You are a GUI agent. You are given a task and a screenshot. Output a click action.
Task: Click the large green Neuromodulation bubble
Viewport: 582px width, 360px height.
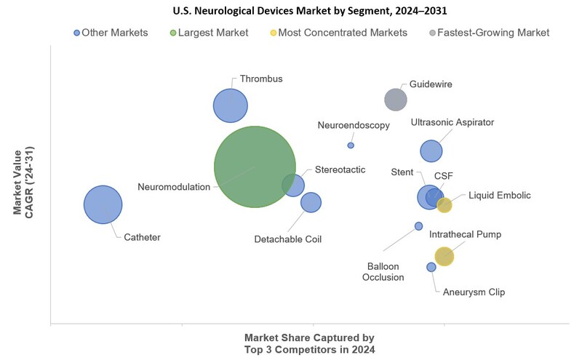(x=255, y=167)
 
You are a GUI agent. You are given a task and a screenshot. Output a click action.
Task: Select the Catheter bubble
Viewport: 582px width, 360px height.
(x=103, y=204)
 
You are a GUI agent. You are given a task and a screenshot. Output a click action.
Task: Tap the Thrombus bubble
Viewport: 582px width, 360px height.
(x=231, y=106)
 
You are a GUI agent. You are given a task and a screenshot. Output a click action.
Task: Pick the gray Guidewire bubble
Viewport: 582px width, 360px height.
(x=395, y=100)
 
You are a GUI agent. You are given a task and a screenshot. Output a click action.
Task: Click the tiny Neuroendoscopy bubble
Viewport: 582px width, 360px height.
(x=351, y=145)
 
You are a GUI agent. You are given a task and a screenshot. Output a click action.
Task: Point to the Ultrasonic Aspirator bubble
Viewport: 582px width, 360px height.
(x=431, y=151)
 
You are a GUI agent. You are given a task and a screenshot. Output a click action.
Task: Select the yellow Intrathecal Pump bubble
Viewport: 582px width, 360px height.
(x=444, y=256)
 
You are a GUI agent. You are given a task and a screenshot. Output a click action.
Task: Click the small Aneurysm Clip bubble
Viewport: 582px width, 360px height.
(x=431, y=267)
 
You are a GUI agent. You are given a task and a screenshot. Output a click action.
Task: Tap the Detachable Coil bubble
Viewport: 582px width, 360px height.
(x=311, y=202)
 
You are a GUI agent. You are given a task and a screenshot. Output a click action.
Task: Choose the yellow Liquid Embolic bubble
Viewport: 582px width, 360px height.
(x=445, y=205)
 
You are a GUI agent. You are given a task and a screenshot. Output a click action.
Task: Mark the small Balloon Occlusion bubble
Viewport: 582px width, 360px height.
(x=418, y=226)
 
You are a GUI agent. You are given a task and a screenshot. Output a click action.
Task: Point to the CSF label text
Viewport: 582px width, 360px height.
(x=444, y=175)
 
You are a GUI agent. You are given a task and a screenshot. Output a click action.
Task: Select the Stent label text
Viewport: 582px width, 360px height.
(x=402, y=172)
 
